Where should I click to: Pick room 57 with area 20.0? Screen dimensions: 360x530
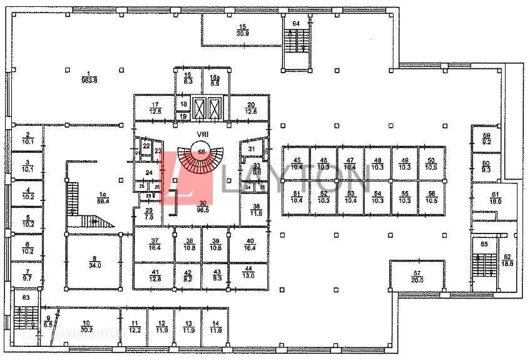(x=417, y=276)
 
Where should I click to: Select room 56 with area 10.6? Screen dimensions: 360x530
(x=430, y=197)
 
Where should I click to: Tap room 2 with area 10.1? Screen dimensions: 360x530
(x=27, y=138)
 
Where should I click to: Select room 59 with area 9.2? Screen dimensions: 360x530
(x=486, y=139)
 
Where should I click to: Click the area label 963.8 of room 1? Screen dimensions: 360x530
(x=89, y=80)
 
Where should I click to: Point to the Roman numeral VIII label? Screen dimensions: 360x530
(x=200, y=133)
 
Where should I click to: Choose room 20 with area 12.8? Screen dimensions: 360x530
(x=251, y=108)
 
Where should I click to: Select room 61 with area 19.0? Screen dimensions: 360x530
(x=496, y=198)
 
